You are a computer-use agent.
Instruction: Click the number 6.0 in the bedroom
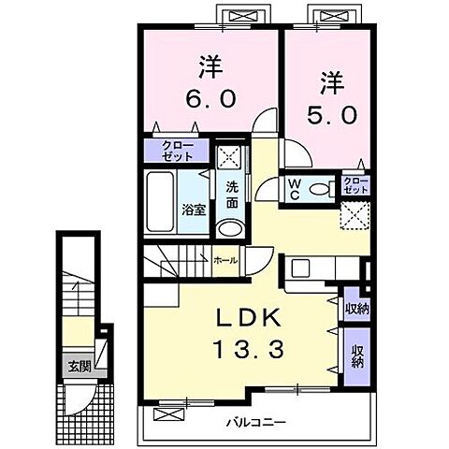[x=210, y=99]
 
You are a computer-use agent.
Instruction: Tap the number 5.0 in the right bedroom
[x=332, y=115]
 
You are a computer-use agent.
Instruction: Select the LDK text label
[x=248, y=318]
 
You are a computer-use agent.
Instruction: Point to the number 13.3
[x=249, y=349]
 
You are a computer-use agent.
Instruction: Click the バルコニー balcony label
[x=256, y=423]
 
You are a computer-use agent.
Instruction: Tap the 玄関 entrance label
[x=80, y=367]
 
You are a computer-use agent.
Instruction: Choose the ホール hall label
[x=226, y=260]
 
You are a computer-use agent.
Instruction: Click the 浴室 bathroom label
[x=194, y=210]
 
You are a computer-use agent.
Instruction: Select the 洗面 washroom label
[x=232, y=195]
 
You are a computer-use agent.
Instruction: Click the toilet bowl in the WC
[x=319, y=189]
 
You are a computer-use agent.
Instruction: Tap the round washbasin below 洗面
[x=230, y=229]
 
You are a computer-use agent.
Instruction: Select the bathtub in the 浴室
[x=160, y=202]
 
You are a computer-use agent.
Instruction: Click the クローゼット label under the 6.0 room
[x=178, y=151]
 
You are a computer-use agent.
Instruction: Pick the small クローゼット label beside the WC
[x=355, y=185]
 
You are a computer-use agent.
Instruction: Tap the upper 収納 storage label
[x=357, y=309]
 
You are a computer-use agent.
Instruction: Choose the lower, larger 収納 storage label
[x=357, y=356]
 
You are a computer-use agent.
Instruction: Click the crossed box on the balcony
[x=168, y=414]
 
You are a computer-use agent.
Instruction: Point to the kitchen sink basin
[x=300, y=268]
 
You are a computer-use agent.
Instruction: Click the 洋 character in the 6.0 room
[x=210, y=67]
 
